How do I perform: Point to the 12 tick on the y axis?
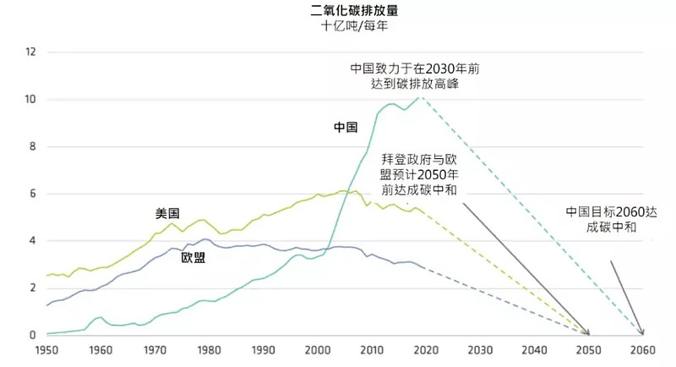(x=30, y=52)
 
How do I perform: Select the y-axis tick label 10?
(x=30, y=100)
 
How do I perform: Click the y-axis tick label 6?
(x=32, y=194)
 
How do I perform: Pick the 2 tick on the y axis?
(x=32, y=288)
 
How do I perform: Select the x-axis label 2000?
(x=319, y=349)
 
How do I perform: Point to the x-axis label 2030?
(x=480, y=349)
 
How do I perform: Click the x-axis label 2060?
(x=643, y=349)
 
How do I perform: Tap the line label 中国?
(x=345, y=129)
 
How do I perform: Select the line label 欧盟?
(x=193, y=258)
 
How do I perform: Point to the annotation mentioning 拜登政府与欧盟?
(x=419, y=174)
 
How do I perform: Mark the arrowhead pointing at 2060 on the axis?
(x=641, y=332)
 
